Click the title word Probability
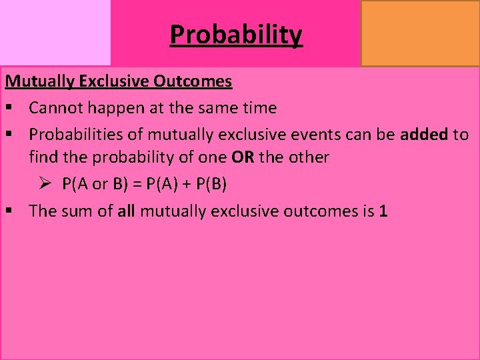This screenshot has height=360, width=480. point(236,34)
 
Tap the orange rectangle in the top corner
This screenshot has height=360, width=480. point(420,33)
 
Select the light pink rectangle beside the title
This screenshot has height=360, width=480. point(55,33)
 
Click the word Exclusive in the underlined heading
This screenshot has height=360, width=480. point(115,82)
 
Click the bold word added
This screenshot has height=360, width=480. point(424,134)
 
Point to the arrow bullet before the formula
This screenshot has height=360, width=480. point(46,184)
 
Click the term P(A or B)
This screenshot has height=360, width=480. point(98,185)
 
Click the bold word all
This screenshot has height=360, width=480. point(127,211)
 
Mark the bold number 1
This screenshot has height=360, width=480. point(383,211)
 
